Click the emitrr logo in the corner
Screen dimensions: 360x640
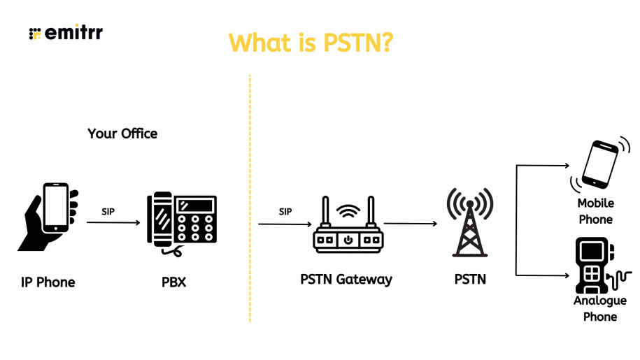pos(66,33)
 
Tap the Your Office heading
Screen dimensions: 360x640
pos(122,133)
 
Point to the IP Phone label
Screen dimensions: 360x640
pos(48,282)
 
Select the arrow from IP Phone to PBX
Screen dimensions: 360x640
pos(112,223)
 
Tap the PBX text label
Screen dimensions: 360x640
pos(173,282)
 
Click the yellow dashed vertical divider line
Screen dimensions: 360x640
pos(250,196)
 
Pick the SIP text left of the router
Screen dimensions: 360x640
pos(285,212)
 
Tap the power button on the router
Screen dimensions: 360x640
pos(348,240)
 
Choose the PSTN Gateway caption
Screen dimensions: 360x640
pos(346,280)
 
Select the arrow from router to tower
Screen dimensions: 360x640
pos(410,224)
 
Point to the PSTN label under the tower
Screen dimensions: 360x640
pos(470,280)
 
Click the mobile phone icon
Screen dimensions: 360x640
pos(599,165)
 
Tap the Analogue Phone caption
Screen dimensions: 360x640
pos(599,308)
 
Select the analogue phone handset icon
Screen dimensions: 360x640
pos(595,266)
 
